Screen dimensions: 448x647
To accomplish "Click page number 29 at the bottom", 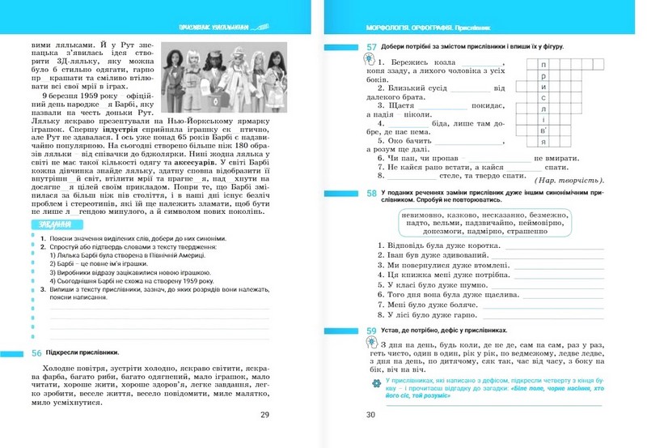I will [x=265, y=415].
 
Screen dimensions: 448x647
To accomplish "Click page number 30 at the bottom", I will [x=371, y=415].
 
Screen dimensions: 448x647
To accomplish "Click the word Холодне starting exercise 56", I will [x=53, y=369].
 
